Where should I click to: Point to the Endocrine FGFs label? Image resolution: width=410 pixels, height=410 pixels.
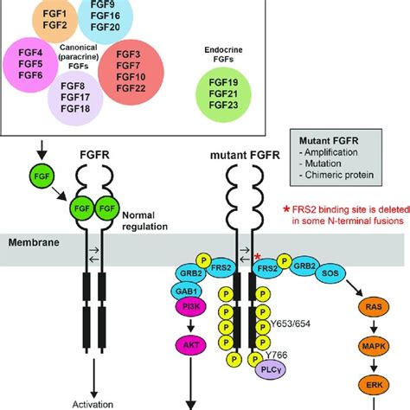(226, 56)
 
